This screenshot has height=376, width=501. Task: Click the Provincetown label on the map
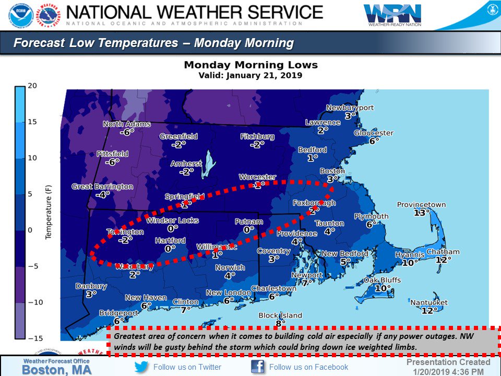pyautogui.click(x=422, y=205)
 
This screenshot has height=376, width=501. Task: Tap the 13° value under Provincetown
pyautogui.click(x=422, y=213)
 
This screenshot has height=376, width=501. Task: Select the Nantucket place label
pyautogui.click(x=428, y=302)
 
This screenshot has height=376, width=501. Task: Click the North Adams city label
pyautogui.click(x=127, y=124)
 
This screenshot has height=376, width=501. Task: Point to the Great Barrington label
pyautogui.click(x=102, y=186)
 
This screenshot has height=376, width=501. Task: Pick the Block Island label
pyautogui.click(x=280, y=315)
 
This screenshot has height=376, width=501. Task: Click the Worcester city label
pyautogui.click(x=257, y=177)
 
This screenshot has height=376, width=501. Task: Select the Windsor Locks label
pyautogui.click(x=172, y=220)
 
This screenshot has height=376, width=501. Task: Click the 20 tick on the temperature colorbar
pyautogui.click(x=32, y=86)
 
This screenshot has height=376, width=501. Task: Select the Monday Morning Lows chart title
pyautogui.click(x=250, y=65)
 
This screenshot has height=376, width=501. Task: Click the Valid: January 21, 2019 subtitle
pyautogui.click(x=250, y=75)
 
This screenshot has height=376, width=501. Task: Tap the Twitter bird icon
pyautogui.click(x=141, y=367)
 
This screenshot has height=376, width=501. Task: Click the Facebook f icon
pyautogui.click(x=258, y=367)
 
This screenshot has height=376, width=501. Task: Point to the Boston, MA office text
pyautogui.click(x=56, y=370)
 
